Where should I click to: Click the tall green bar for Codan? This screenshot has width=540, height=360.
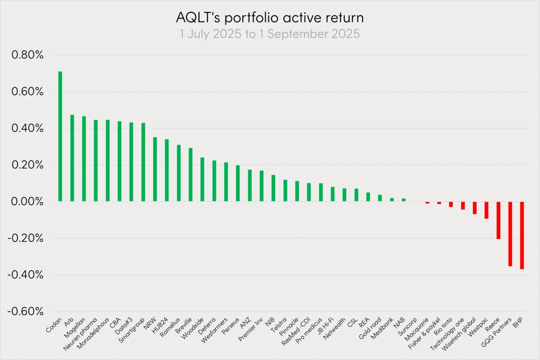(x=60, y=136)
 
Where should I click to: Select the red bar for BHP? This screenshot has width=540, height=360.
(x=522, y=235)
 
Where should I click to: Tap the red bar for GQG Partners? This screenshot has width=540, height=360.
(x=510, y=234)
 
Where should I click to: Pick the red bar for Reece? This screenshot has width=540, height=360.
(x=498, y=220)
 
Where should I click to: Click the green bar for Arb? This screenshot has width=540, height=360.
(x=72, y=158)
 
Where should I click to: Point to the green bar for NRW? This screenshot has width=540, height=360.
(x=155, y=169)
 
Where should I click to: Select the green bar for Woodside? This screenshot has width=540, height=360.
(x=202, y=179)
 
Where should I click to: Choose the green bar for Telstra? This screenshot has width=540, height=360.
(x=285, y=190)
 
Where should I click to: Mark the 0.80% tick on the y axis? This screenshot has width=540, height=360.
(x=27, y=55)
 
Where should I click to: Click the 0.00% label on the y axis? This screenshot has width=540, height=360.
(x=27, y=201)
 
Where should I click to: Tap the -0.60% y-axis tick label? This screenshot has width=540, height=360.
(x=25, y=311)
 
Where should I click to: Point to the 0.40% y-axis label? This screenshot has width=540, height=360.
(x=27, y=128)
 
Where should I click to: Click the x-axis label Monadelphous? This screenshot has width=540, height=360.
(x=93, y=334)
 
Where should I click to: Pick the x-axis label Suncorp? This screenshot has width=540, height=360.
(x=408, y=326)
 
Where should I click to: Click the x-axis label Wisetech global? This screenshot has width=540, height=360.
(x=459, y=334)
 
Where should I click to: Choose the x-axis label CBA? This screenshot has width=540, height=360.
(x=115, y=323)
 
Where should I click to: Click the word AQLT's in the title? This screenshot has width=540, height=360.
(x=198, y=18)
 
